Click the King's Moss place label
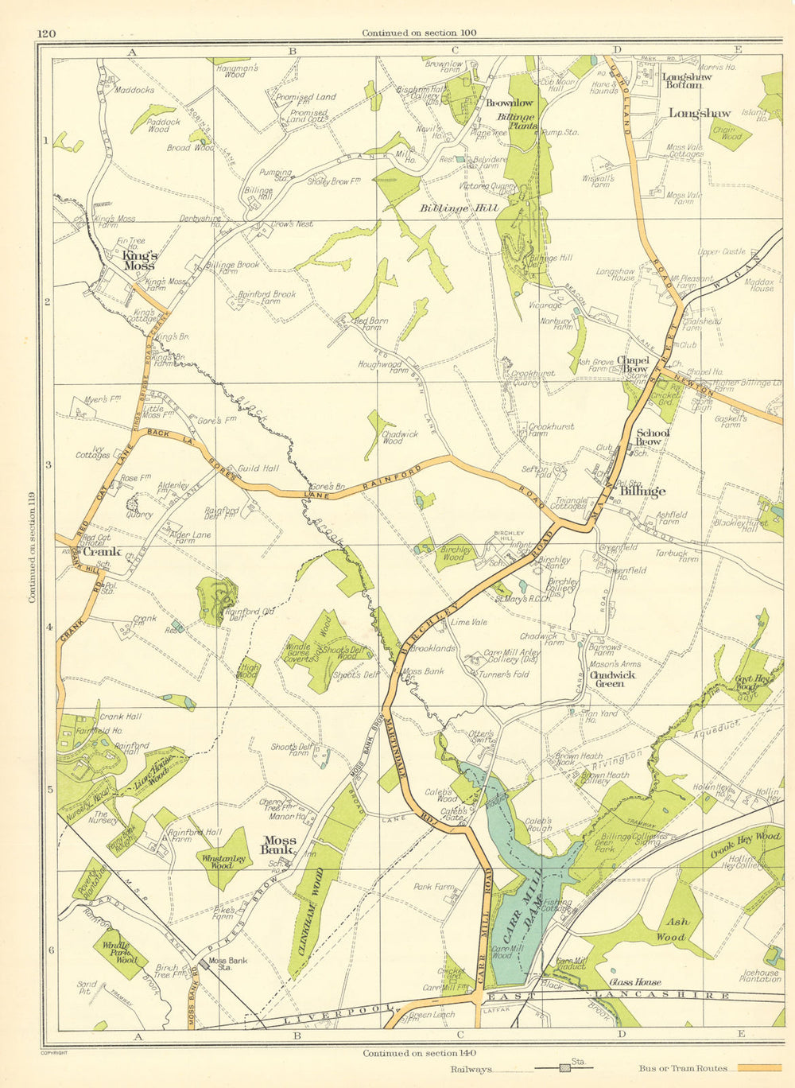[140, 260]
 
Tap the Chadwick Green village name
[609, 678]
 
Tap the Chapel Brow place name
[633, 364]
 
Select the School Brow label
[653, 437]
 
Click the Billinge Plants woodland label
[517, 121]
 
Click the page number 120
[46, 33]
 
